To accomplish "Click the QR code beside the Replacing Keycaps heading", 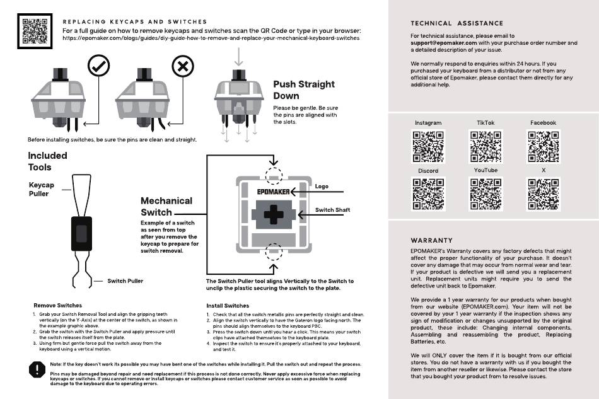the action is click(x=35, y=32).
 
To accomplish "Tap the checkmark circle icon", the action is click(x=98, y=66).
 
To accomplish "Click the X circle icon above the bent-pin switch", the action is click(x=183, y=66).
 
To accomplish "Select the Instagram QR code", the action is click(x=428, y=147).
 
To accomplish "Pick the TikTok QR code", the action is click(x=486, y=147).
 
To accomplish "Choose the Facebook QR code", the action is click(x=544, y=147).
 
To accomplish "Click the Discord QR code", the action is click(x=428, y=194).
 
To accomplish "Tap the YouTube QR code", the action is click(x=486, y=194).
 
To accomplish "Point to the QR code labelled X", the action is click(x=544, y=194).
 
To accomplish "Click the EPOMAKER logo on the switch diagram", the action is click(x=273, y=192).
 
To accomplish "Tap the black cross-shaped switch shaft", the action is click(x=274, y=214).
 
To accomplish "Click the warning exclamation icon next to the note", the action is click(x=37, y=369).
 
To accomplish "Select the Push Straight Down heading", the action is click(x=304, y=90).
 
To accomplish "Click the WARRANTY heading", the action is click(x=432, y=240).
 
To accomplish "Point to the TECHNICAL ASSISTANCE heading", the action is click(x=457, y=23).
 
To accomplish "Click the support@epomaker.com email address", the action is click(x=444, y=43).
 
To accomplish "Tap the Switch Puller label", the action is click(x=125, y=281).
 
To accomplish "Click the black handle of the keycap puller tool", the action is click(x=82, y=234).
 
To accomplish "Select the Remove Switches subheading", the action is click(x=57, y=306).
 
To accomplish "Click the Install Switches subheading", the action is click(x=228, y=306).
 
